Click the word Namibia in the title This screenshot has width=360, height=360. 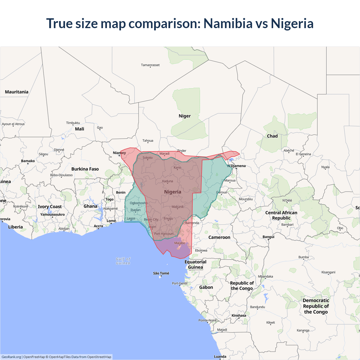(x=228, y=23)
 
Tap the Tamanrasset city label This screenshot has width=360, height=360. (x=150, y=65)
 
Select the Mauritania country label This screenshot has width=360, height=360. (x=17, y=92)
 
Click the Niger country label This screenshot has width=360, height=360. (x=184, y=116)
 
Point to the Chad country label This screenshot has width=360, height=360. (x=272, y=136)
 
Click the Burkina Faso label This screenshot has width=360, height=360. (x=85, y=169)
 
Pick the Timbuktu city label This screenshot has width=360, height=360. (x=73, y=123)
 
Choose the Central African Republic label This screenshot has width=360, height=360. (x=281, y=215)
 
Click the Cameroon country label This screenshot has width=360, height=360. (x=219, y=237)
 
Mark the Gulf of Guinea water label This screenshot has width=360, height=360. (x=123, y=261)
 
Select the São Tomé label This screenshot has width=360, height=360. (x=161, y=273)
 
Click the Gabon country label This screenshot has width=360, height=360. (x=206, y=287)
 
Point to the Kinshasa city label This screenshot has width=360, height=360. (x=239, y=316)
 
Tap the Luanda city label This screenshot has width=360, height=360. (x=220, y=357)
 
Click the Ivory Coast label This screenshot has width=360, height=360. (x=50, y=207)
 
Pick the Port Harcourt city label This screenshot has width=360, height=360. (x=164, y=234)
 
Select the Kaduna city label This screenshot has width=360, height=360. (x=168, y=181)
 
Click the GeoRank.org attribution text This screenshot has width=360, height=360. (x=11, y=357)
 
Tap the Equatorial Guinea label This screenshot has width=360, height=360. (x=195, y=264)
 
